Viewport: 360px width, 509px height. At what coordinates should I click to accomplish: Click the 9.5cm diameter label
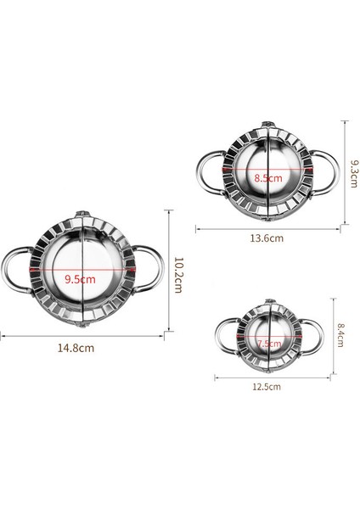(80, 279)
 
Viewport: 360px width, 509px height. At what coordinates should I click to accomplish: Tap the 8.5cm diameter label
(268, 178)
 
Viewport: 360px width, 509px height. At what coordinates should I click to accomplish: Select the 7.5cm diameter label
(269, 343)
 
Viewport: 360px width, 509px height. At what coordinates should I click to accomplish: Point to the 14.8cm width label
(76, 348)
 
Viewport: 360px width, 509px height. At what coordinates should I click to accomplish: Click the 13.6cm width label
(267, 238)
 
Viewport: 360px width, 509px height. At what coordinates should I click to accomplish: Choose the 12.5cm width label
(267, 387)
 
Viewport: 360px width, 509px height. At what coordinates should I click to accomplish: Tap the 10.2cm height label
(178, 275)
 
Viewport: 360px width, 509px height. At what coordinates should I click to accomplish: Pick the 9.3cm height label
(354, 173)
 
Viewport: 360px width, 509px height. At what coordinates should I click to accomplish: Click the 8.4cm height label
(340, 335)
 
